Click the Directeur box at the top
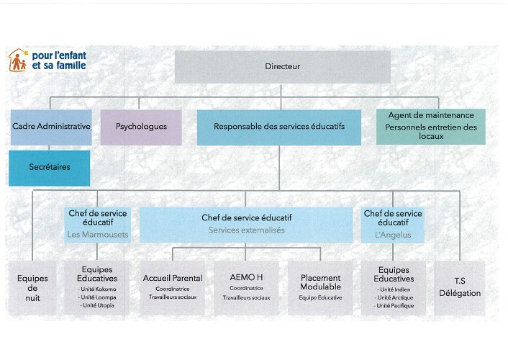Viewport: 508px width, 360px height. tap(282, 67)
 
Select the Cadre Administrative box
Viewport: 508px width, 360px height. tap(51, 127)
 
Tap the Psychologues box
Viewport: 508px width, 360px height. tap(141, 127)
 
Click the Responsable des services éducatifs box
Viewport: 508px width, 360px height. tap(278, 127)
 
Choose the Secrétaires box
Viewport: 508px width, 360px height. tap(49, 168)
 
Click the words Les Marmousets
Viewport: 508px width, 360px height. tap(98, 235)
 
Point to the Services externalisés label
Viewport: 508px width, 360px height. tap(246, 230)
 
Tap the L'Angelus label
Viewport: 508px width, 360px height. tap(393, 235)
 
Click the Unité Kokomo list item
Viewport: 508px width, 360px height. tap(98, 289)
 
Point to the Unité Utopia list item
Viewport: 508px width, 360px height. tap(98, 305)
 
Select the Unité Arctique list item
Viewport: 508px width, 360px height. tap(394, 297)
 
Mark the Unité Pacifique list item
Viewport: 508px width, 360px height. tap(394, 305)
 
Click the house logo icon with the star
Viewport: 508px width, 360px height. tap(19, 60)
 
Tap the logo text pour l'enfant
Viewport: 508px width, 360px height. tap(59, 55)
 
